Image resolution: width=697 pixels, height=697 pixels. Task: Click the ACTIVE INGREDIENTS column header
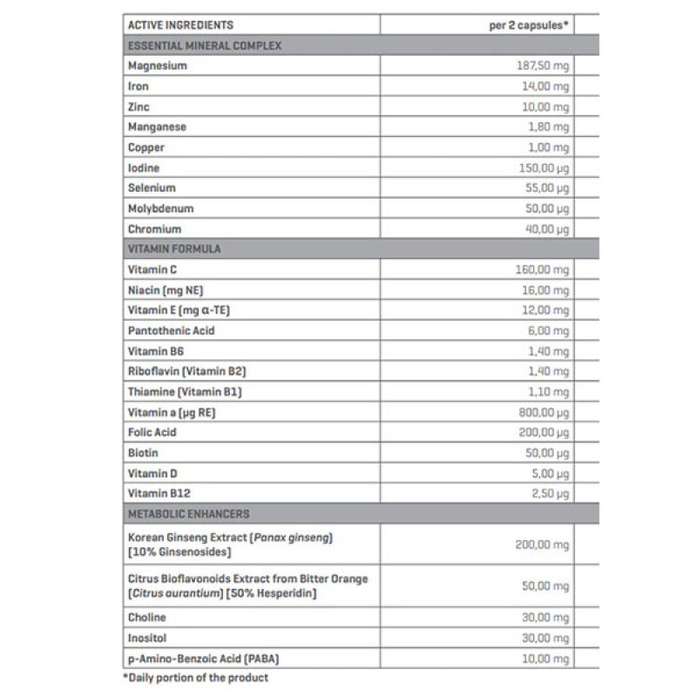pos(180,25)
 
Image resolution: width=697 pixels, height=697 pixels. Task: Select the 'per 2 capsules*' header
pos(529,25)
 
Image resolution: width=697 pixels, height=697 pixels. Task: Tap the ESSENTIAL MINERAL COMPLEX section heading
pos(204,45)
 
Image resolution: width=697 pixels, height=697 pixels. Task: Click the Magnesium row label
pos(157,65)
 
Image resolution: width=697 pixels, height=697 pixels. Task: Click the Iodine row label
pos(144,167)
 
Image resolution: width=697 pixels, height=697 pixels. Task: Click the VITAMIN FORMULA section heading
pos(174,249)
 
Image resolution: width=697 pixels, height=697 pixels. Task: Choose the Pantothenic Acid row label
pos(171,331)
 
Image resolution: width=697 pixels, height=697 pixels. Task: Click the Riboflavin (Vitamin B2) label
pos(180,371)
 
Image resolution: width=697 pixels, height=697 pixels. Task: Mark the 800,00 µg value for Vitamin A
pos(542,412)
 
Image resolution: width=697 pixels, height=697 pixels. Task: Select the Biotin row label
pos(143,453)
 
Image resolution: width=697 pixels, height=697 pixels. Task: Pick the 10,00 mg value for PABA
pos(545,658)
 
